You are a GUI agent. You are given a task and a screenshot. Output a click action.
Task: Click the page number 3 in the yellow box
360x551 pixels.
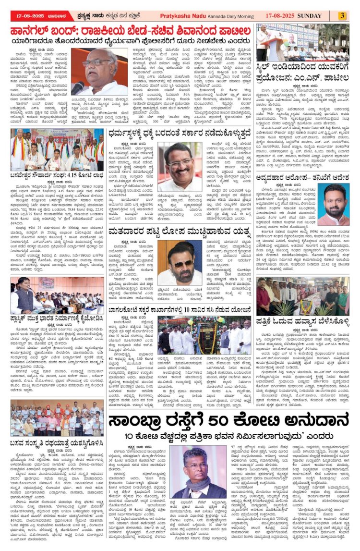342,16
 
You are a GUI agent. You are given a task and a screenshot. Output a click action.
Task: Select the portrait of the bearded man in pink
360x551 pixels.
334,204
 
